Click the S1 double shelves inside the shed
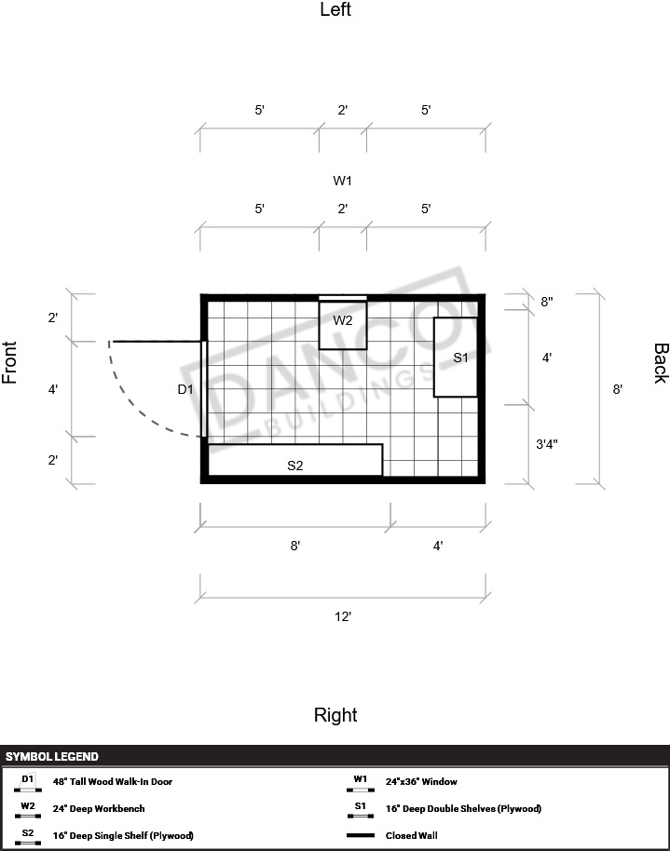tap(456, 358)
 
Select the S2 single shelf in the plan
tap(295, 460)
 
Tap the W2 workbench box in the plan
tap(342, 325)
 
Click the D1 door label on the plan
tap(185, 389)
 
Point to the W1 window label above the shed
tap(342, 181)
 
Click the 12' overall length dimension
tap(343, 616)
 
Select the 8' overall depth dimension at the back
tap(617, 389)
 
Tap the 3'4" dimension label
tap(547, 444)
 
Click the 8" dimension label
tap(547, 302)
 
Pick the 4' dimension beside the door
tap(53, 389)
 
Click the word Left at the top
tap(335, 9)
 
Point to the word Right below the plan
tap(335, 715)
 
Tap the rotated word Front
tap(9, 362)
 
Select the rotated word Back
tap(661, 363)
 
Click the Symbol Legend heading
tap(52, 757)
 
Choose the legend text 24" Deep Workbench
tap(99, 809)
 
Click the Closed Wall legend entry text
tap(411, 836)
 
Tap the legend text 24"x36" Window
tap(421, 781)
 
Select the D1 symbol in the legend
tap(28, 783)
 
